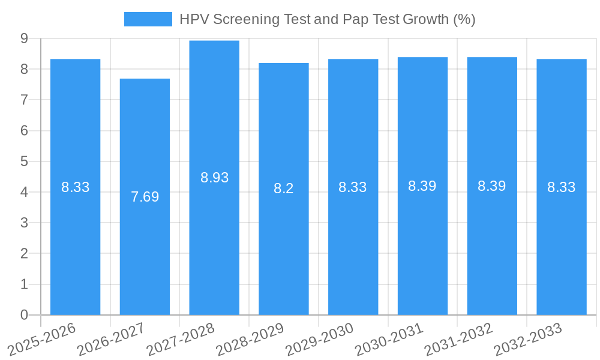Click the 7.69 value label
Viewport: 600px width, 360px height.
point(145,197)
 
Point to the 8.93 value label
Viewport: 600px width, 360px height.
point(214,178)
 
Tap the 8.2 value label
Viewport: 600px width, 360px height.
point(284,188)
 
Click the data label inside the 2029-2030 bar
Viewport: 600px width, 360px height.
point(353,187)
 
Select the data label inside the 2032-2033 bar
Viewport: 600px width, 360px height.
point(562,187)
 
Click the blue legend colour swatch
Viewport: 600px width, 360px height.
point(148,19)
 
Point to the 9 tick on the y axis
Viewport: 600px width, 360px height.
point(24,38)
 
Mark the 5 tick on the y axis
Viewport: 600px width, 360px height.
point(24,161)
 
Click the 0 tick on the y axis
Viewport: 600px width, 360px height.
point(24,315)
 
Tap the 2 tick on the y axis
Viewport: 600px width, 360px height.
point(24,254)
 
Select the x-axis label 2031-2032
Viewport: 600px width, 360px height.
point(459,339)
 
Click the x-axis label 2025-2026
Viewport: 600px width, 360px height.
point(43,339)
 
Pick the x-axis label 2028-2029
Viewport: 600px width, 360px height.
point(251,339)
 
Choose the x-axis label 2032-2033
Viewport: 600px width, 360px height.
point(529,339)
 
